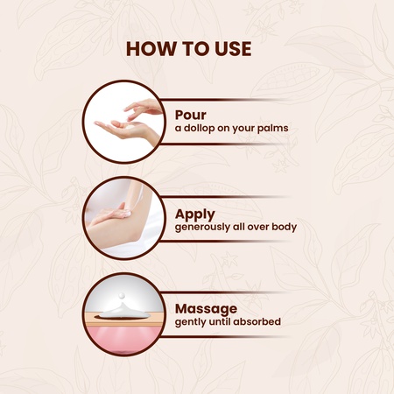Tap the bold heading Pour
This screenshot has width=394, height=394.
[x=192, y=115]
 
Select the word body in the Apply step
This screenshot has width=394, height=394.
[x=284, y=227]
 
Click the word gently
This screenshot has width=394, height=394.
[x=192, y=323]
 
